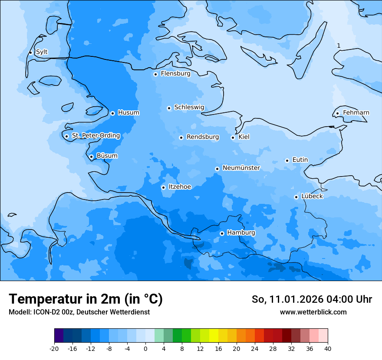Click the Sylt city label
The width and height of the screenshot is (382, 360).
point(42,52)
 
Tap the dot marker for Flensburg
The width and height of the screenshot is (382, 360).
point(155,74)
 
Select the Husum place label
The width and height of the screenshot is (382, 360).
point(128,113)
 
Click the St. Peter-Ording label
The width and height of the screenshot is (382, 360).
point(96,136)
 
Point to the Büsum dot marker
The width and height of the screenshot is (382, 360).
point(91,157)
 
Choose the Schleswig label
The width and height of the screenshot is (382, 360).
point(189,108)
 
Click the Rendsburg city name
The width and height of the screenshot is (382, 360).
point(203,137)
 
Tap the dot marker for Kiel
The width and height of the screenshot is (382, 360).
point(233,138)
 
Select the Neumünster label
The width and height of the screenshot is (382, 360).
point(241,168)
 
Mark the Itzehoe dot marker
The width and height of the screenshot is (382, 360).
point(163,187)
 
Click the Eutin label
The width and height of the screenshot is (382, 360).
point(300,160)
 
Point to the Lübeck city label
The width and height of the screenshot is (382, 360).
point(312,196)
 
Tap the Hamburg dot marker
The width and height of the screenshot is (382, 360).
point(222,233)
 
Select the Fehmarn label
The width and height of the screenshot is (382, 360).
point(356,113)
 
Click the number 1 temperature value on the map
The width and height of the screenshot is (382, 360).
point(339,46)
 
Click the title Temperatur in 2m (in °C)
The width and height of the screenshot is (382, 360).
point(86,299)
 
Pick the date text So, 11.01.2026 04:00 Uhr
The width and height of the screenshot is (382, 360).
point(312,299)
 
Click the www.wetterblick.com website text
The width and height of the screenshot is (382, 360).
point(313,312)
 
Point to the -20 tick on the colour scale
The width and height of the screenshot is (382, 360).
point(54,348)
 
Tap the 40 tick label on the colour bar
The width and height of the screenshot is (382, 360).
point(327,348)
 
